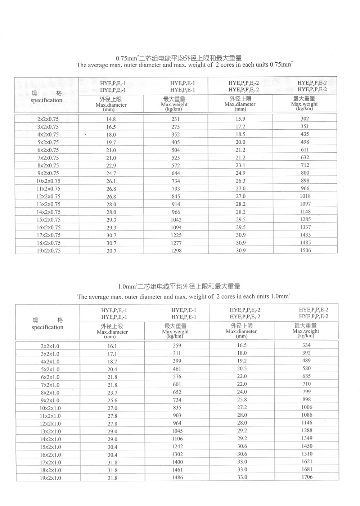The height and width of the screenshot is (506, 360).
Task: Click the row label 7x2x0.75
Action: [x=48, y=158]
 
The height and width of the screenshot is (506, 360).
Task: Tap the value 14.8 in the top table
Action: [x=111, y=119]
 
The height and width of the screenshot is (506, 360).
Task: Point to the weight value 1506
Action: [x=305, y=250]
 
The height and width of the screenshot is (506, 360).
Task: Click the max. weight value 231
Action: [x=176, y=119]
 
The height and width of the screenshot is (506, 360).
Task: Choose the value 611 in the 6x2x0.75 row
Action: [x=305, y=149]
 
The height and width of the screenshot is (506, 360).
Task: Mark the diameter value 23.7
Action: [x=112, y=393]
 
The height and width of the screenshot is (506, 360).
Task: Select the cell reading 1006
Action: [x=307, y=407]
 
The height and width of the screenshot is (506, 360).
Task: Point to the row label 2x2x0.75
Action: [x=48, y=119]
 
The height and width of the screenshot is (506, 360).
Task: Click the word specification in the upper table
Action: [x=46, y=100]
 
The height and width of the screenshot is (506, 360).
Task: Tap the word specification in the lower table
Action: [x=47, y=327]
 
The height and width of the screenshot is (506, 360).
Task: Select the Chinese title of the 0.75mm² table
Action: [x=179, y=58]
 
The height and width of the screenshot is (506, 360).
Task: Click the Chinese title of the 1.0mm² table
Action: [x=179, y=287]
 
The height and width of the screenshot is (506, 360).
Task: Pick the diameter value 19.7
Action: [x=111, y=142]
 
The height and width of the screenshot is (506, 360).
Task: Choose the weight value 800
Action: [x=305, y=173]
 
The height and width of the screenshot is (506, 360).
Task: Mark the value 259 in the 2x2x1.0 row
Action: [x=177, y=346]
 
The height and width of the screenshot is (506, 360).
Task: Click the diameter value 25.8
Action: [x=242, y=400]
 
